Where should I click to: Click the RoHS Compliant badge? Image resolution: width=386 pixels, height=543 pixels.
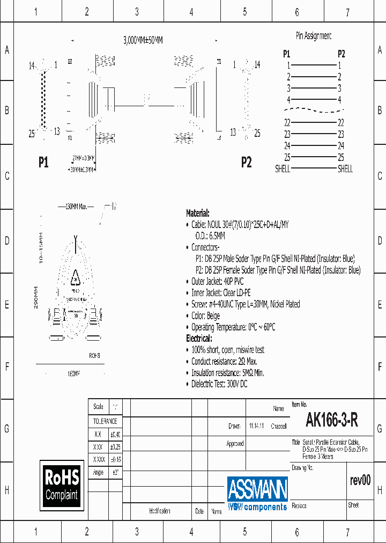[x=62, y=485]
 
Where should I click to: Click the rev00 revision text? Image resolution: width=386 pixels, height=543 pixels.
[x=360, y=480]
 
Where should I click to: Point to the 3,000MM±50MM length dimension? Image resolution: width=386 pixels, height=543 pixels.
[x=143, y=40]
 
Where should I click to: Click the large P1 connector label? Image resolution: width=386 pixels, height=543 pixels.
[x=43, y=163]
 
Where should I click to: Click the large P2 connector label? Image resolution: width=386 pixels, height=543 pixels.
[x=246, y=163]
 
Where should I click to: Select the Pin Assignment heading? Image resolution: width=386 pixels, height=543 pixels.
[x=314, y=36]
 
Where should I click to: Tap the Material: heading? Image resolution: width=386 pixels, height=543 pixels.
[x=197, y=213]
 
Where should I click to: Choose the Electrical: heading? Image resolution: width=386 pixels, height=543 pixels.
[x=198, y=339]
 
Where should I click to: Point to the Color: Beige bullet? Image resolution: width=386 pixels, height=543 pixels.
[x=205, y=316]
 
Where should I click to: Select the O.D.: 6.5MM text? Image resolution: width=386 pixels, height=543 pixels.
[x=210, y=236]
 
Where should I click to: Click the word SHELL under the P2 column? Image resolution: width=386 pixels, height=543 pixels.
[x=345, y=168]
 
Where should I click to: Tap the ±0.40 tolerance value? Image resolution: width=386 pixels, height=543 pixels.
[x=115, y=435]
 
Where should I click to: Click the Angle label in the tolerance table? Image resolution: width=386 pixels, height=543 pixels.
[x=98, y=473]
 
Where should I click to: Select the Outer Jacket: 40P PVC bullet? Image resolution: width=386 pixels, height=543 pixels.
[x=217, y=282]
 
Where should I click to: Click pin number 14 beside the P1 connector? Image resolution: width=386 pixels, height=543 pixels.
[x=32, y=65]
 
